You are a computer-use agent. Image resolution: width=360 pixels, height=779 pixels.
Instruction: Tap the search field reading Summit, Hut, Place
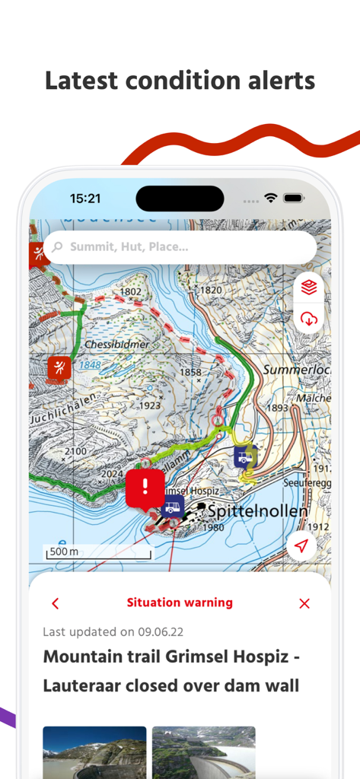(x=180, y=247)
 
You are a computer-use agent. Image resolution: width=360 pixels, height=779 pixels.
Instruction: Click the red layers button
(x=309, y=287)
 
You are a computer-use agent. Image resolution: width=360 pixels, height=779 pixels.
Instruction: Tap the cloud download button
(x=309, y=319)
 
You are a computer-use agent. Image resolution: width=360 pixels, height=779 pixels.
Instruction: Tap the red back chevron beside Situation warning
(x=55, y=603)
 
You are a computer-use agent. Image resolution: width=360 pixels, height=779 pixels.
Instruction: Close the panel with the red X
(x=304, y=603)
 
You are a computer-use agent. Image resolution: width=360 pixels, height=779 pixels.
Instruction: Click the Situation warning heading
(x=180, y=603)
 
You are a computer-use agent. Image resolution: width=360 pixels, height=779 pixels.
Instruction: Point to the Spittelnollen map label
(x=258, y=511)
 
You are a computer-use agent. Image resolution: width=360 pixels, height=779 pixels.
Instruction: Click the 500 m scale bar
(x=99, y=552)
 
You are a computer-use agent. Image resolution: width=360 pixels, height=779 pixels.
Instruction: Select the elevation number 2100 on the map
(x=76, y=452)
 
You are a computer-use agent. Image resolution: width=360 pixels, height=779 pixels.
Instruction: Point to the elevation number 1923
(x=150, y=405)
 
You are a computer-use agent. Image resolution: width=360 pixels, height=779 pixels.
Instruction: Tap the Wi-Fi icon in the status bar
(x=271, y=198)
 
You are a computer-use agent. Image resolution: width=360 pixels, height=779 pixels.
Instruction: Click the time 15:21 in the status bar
(x=85, y=199)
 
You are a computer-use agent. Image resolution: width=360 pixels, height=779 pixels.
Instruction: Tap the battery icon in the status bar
(x=294, y=198)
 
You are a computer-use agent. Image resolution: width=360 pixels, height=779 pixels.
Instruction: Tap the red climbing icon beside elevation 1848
(x=59, y=367)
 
